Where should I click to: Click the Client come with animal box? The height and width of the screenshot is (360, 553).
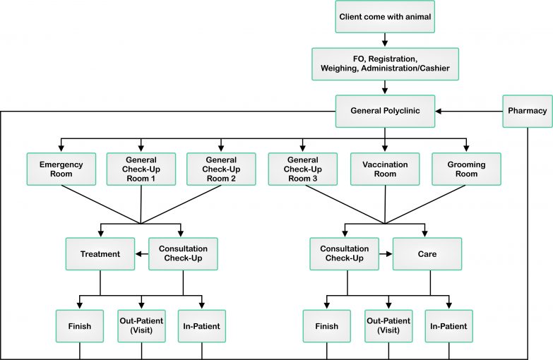(385, 16)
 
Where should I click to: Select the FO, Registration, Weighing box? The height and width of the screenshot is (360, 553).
(385, 64)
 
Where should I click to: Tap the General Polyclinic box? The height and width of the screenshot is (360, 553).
(385, 111)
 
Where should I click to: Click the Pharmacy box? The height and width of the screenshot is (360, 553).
(528, 111)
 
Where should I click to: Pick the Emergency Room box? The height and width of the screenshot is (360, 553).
(61, 169)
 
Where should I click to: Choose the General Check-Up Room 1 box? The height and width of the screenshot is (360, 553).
(141, 169)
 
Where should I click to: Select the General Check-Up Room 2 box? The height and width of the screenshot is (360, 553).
(221, 169)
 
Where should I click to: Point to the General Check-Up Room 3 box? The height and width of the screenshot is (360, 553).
(302, 169)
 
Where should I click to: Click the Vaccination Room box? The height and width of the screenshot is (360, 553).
(385, 169)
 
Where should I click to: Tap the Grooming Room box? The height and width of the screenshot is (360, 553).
(466, 169)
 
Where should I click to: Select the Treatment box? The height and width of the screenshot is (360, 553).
(100, 254)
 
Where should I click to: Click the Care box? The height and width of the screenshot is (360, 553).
(427, 254)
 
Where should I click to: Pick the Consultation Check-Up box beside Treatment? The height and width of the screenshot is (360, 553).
(183, 254)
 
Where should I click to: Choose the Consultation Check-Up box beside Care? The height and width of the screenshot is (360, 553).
(344, 254)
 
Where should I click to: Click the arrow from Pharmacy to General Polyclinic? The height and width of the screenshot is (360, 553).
(469, 111)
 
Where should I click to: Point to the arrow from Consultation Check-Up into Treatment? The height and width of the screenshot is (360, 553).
(142, 254)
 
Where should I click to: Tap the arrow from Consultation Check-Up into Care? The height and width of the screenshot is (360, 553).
(386, 254)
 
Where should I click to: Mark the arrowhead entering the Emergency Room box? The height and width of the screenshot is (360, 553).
(61, 148)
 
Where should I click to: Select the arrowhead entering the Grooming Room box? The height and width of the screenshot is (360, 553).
(466, 148)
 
